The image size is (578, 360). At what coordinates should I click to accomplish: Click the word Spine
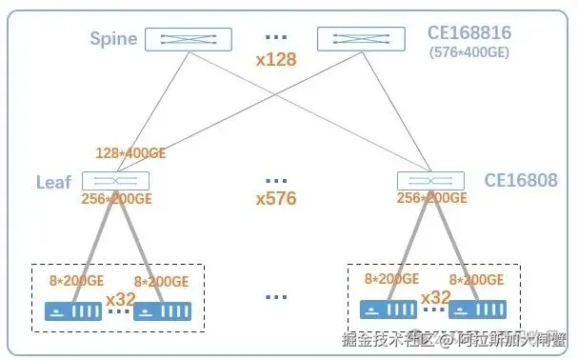(113, 39)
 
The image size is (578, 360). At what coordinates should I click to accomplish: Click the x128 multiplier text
(276, 59)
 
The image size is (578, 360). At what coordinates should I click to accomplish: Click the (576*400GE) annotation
(469, 52)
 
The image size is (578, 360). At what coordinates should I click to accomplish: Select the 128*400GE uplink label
(132, 152)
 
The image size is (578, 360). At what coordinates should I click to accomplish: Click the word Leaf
(53, 181)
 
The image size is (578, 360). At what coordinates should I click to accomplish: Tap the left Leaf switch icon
(115, 180)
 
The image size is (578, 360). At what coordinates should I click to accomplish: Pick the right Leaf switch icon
(431, 180)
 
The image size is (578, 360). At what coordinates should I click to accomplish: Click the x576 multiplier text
(276, 199)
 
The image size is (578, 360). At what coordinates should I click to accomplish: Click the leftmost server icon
(73, 311)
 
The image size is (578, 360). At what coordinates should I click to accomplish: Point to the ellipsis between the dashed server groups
(276, 297)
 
